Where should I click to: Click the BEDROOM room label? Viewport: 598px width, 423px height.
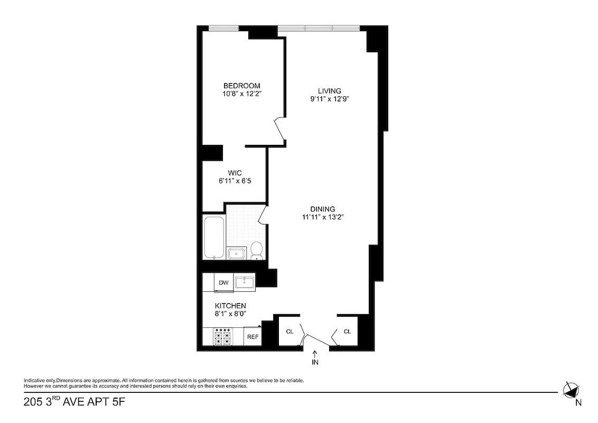[x=241, y=86]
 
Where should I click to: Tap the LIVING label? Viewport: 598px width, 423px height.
[x=330, y=90]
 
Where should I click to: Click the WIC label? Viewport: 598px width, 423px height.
[x=235, y=173]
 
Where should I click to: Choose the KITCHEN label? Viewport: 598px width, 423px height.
[x=230, y=306]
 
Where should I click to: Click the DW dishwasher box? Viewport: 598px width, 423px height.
[x=224, y=283]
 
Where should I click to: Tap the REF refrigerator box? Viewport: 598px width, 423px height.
[x=253, y=337]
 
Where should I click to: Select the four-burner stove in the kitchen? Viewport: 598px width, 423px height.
[x=222, y=337]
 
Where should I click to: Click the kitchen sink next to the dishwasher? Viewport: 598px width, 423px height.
[x=244, y=282]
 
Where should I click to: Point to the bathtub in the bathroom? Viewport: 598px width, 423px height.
[x=214, y=237]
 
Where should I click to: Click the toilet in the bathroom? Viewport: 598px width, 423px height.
[x=257, y=250]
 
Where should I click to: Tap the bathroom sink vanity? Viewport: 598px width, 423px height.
[x=236, y=253]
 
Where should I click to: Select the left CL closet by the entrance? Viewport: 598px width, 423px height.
[x=289, y=332]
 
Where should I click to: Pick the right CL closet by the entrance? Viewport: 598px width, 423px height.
[x=347, y=332]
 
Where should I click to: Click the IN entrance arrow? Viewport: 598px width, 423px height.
[x=315, y=358]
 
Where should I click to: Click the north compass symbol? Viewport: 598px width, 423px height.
[x=571, y=391]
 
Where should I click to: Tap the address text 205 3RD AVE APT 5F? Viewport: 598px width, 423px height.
[x=74, y=402]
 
